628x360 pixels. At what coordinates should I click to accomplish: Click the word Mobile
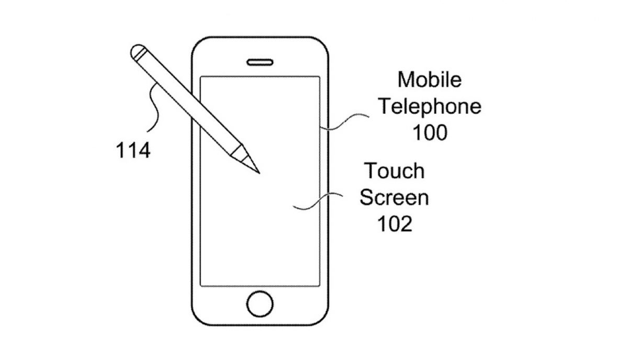click(x=430, y=80)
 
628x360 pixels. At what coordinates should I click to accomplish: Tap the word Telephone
click(x=430, y=107)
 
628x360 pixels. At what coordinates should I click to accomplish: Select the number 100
click(x=430, y=132)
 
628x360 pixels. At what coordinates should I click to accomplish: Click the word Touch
click(x=395, y=171)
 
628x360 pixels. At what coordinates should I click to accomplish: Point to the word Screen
click(x=394, y=197)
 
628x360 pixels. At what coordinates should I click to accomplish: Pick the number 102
click(x=395, y=223)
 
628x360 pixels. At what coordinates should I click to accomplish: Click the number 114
click(x=133, y=150)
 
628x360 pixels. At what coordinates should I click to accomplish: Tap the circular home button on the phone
click(x=260, y=304)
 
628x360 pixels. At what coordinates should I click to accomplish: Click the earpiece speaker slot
click(x=260, y=62)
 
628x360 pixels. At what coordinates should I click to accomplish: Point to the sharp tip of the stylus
click(x=260, y=173)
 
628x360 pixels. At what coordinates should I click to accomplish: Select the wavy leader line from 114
click(x=154, y=108)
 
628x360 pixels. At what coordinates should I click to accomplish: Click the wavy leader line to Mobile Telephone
click(x=345, y=122)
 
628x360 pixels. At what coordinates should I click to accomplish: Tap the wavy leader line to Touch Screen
click(x=318, y=201)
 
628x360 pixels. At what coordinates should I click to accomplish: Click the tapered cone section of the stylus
click(x=246, y=160)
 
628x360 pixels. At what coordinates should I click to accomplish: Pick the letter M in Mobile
click(x=406, y=80)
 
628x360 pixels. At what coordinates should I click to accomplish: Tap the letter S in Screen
click(x=366, y=197)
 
